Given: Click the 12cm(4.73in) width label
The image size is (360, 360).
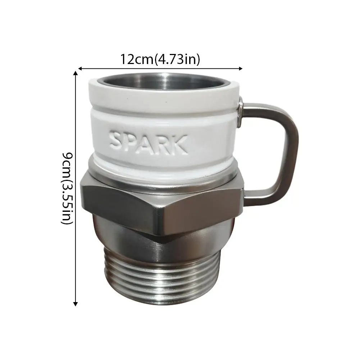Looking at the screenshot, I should click(160, 59).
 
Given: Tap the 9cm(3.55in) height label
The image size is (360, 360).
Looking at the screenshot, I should click(68, 188).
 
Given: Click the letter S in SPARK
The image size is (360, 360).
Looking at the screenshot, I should click(118, 141).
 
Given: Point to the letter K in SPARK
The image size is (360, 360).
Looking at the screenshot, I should click(180, 144).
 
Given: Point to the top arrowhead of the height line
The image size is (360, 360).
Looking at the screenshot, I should click(76, 74).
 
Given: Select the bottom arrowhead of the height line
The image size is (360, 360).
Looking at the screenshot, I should click(76, 304).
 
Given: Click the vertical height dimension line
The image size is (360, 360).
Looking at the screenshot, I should click(76, 216).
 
